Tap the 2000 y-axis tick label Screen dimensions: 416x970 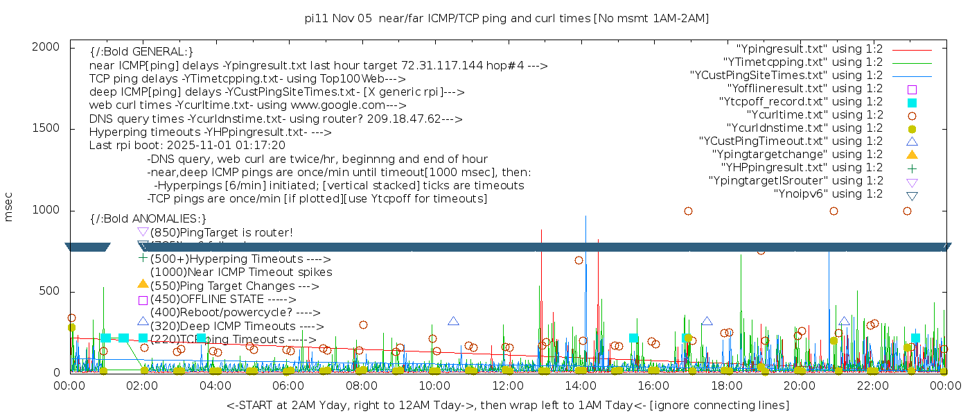click(x=46, y=46)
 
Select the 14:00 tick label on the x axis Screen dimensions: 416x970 click(x=581, y=385)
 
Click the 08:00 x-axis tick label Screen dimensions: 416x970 click(x=361, y=385)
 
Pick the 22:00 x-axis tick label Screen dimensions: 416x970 click(x=872, y=385)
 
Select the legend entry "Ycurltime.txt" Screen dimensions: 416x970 click(x=814, y=115)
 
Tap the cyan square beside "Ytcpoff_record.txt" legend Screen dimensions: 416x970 click(x=912, y=103)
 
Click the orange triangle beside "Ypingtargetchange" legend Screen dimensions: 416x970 click(x=912, y=155)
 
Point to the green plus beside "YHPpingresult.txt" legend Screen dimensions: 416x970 click(x=912, y=168)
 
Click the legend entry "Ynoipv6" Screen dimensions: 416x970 click(x=828, y=194)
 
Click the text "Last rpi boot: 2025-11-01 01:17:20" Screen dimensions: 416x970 click(x=187, y=146)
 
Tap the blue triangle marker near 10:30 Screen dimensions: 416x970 click(x=453, y=321)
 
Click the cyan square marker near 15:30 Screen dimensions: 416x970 click(x=633, y=338)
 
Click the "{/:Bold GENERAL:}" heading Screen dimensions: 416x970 click(x=141, y=52)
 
